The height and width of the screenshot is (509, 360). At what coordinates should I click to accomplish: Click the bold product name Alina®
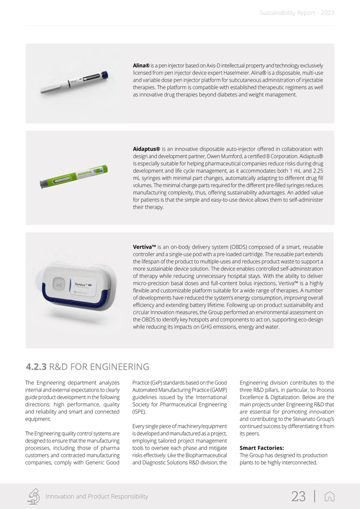141,66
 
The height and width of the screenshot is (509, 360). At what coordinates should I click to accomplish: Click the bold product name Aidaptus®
146,149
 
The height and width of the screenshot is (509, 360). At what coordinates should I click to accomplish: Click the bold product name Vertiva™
144,246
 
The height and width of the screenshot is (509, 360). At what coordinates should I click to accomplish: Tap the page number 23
298,496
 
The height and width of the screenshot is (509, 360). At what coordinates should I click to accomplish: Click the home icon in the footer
330,496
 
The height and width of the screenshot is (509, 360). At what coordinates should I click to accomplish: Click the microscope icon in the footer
34,496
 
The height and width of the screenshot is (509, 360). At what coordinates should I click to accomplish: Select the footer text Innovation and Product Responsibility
97,496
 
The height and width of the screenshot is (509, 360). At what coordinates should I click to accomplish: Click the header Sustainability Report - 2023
296,13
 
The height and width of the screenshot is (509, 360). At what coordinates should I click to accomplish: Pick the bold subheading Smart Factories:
261,448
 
